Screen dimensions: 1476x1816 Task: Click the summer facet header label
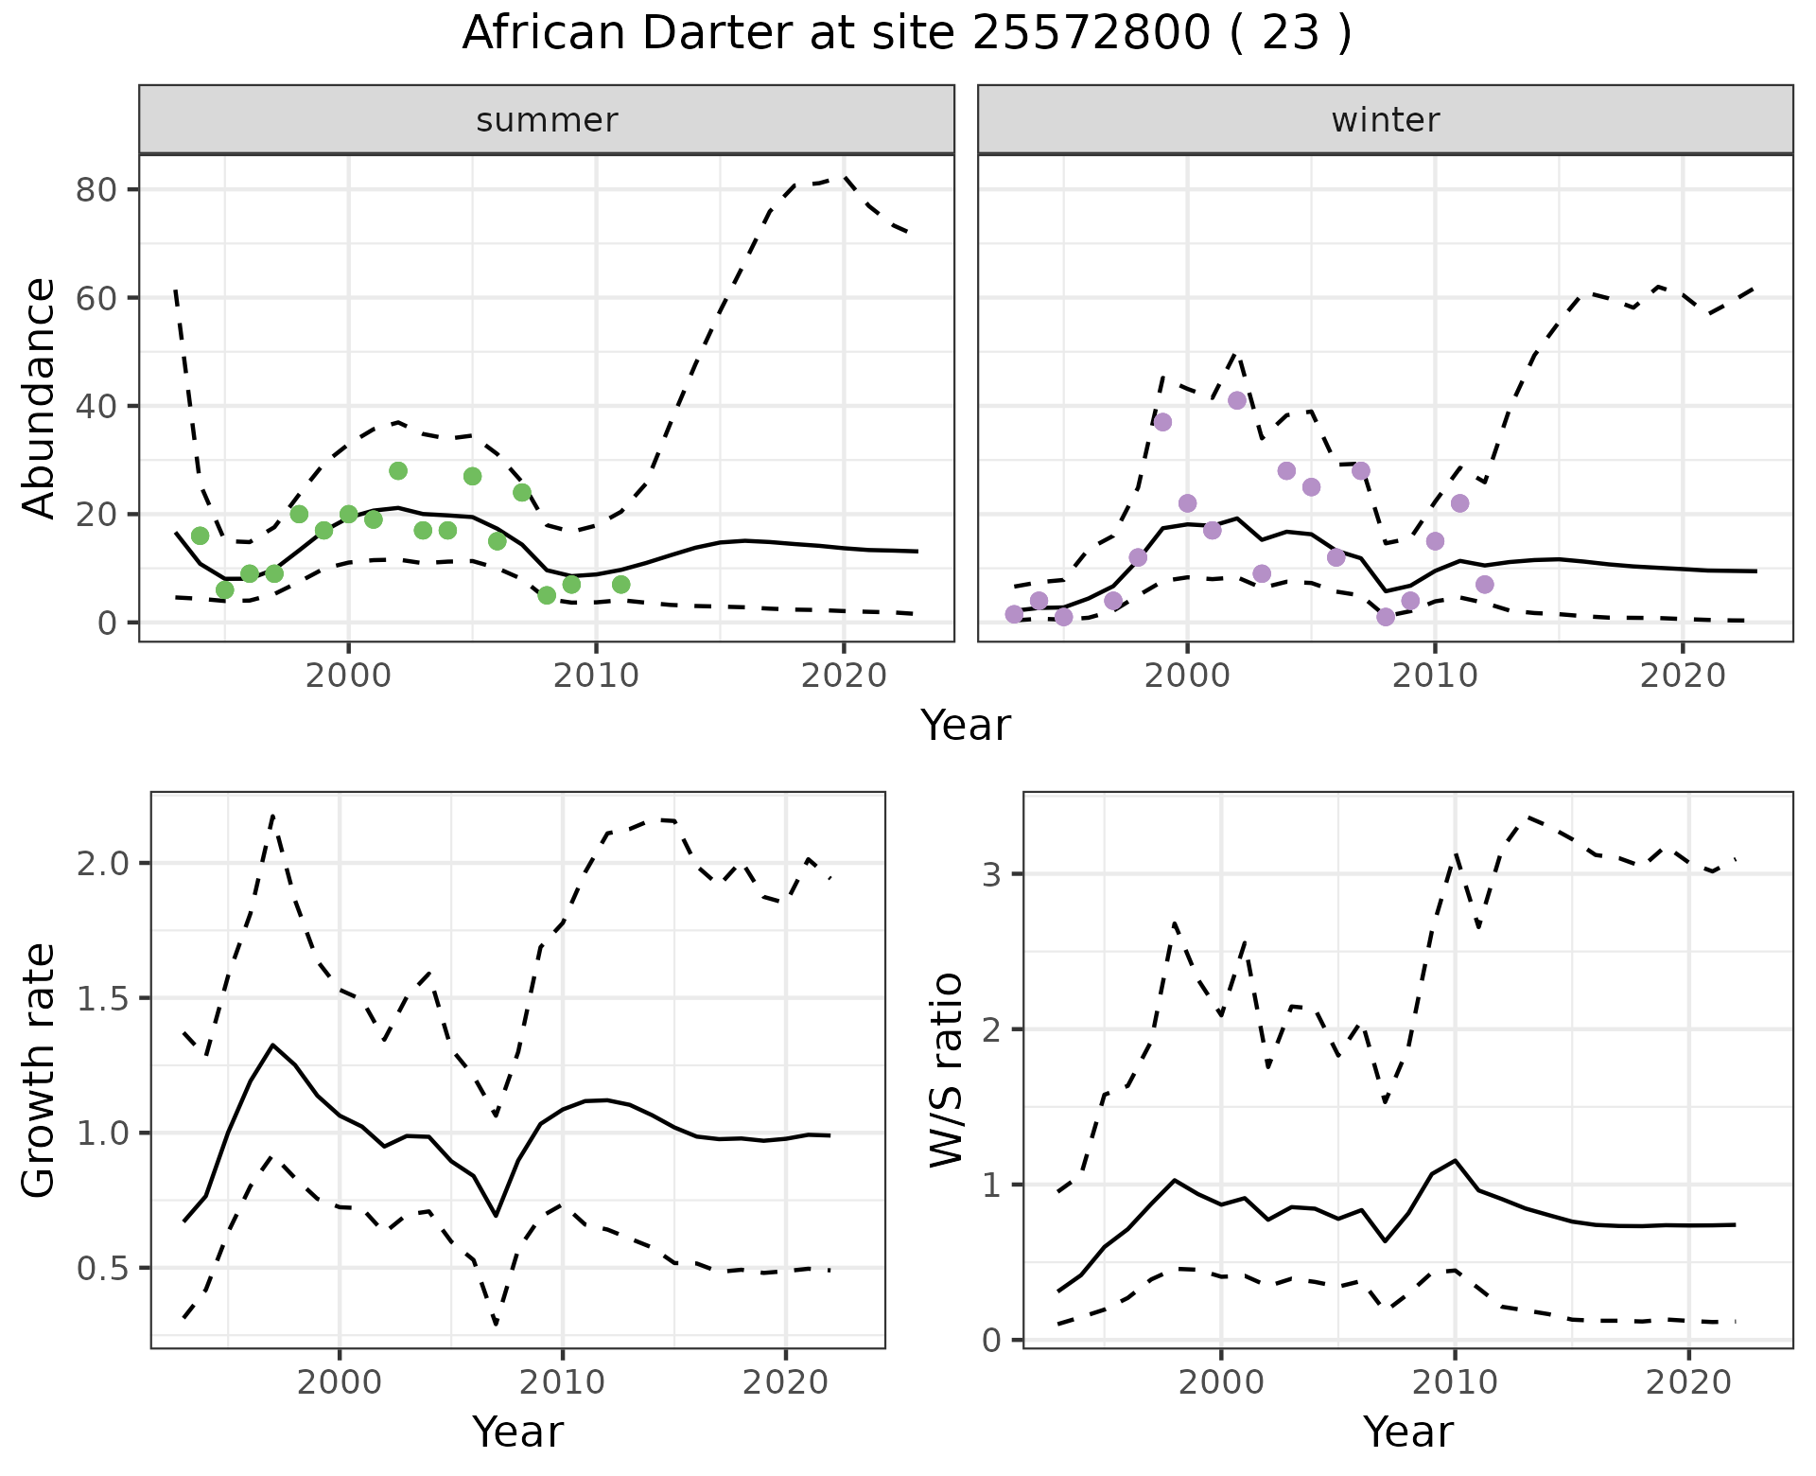point(547,120)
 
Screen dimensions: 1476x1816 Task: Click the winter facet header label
point(1385,120)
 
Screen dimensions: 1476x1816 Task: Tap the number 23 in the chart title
point(1290,34)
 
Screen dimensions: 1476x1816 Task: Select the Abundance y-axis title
point(40,397)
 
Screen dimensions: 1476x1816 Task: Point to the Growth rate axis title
point(40,1070)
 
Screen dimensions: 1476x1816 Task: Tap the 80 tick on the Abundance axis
point(96,190)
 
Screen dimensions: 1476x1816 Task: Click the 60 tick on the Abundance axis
point(96,298)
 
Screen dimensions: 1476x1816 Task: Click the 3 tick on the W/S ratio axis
point(991,873)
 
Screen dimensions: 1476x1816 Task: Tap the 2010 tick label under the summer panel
point(596,676)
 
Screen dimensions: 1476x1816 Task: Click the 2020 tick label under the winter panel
point(1683,676)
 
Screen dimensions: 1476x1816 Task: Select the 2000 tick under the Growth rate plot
point(340,1382)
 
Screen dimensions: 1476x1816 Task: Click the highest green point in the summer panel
point(398,471)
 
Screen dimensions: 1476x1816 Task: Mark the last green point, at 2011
point(620,585)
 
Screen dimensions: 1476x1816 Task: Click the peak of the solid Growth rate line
point(272,1045)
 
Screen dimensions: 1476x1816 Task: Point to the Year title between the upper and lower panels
point(966,726)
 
